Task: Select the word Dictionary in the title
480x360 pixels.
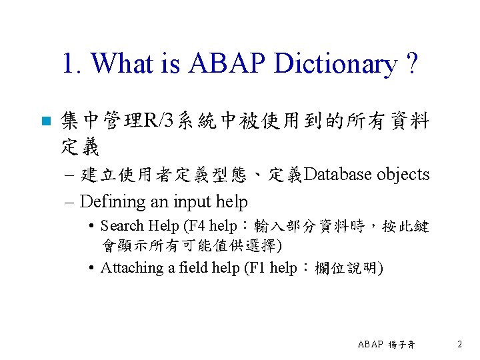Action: pos(333,64)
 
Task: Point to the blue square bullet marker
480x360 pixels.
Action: pos(45,122)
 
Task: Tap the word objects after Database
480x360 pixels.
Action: pos(403,175)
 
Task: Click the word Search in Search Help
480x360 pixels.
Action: pos(123,226)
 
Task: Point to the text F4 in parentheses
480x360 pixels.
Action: pos(196,226)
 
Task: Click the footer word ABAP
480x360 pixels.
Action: pos(370,345)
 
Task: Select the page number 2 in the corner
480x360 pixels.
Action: pos(459,344)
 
